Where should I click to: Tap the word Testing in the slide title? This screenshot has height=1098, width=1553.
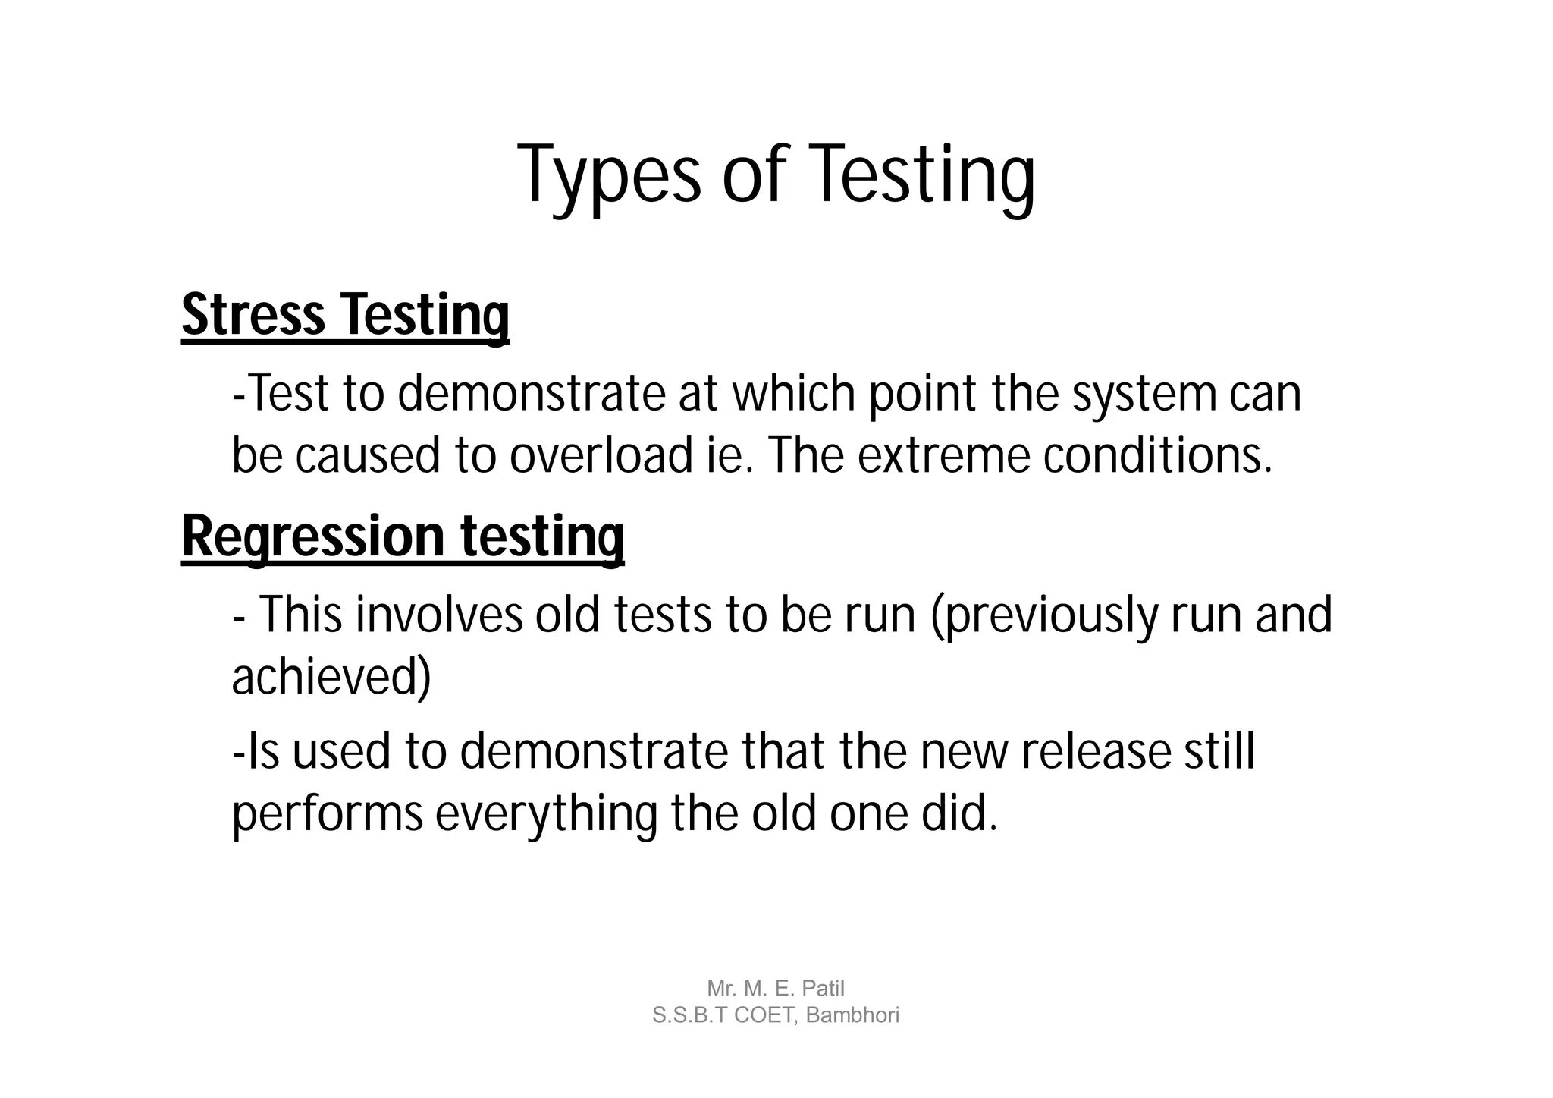924,176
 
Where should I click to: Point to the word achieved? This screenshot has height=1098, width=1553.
331,677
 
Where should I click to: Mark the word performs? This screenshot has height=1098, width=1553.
327,815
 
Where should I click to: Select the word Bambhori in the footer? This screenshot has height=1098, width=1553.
852,1015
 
